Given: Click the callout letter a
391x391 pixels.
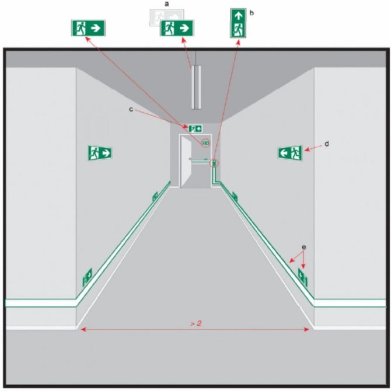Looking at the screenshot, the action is pyautogui.click(x=167, y=4).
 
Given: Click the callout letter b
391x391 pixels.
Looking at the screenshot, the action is pyautogui.click(x=252, y=13).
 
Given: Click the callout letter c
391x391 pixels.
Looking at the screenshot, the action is pyautogui.click(x=131, y=109).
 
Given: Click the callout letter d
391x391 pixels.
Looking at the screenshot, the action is pyautogui.click(x=327, y=144).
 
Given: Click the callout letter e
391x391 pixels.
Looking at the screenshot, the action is pyautogui.click(x=303, y=247).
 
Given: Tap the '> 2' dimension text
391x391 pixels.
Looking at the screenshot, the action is pyautogui.click(x=195, y=324).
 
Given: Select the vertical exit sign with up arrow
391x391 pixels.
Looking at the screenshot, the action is pyautogui.click(x=238, y=23).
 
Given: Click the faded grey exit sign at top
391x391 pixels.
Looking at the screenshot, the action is pyautogui.click(x=166, y=18).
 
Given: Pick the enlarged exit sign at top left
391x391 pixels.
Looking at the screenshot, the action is pyautogui.click(x=88, y=27).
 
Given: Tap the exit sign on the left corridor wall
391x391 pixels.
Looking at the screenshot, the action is pyautogui.click(x=100, y=153).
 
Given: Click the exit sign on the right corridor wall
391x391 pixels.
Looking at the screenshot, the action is pyautogui.click(x=290, y=152).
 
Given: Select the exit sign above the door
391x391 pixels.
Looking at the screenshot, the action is pyautogui.click(x=195, y=128).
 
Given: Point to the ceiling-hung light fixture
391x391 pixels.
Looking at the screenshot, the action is pyautogui.click(x=196, y=88).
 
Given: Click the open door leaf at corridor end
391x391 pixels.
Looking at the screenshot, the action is pyautogui.click(x=186, y=162).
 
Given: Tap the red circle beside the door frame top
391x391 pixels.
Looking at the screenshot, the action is pyautogui.click(x=206, y=143).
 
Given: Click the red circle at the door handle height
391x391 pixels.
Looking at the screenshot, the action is pyautogui.click(x=214, y=163).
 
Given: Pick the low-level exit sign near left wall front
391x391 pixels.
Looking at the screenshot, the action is pyautogui.click(x=88, y=277).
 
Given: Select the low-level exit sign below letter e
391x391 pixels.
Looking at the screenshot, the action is pyautogui.click(x=303, y=277).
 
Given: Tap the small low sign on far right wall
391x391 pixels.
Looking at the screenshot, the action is pyautogui.click(x=235, y=197).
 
